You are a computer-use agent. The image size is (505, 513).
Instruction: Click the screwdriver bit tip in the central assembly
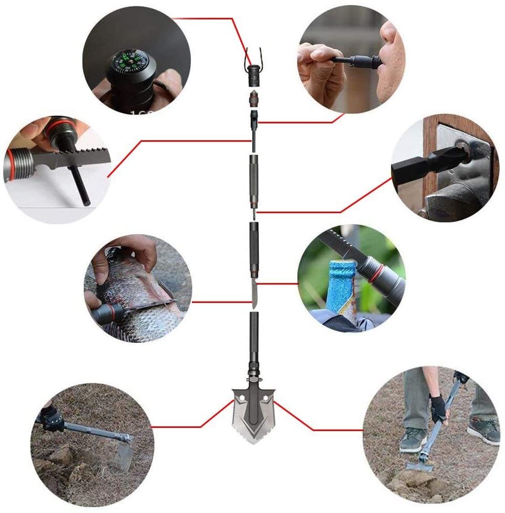click(253, 212)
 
